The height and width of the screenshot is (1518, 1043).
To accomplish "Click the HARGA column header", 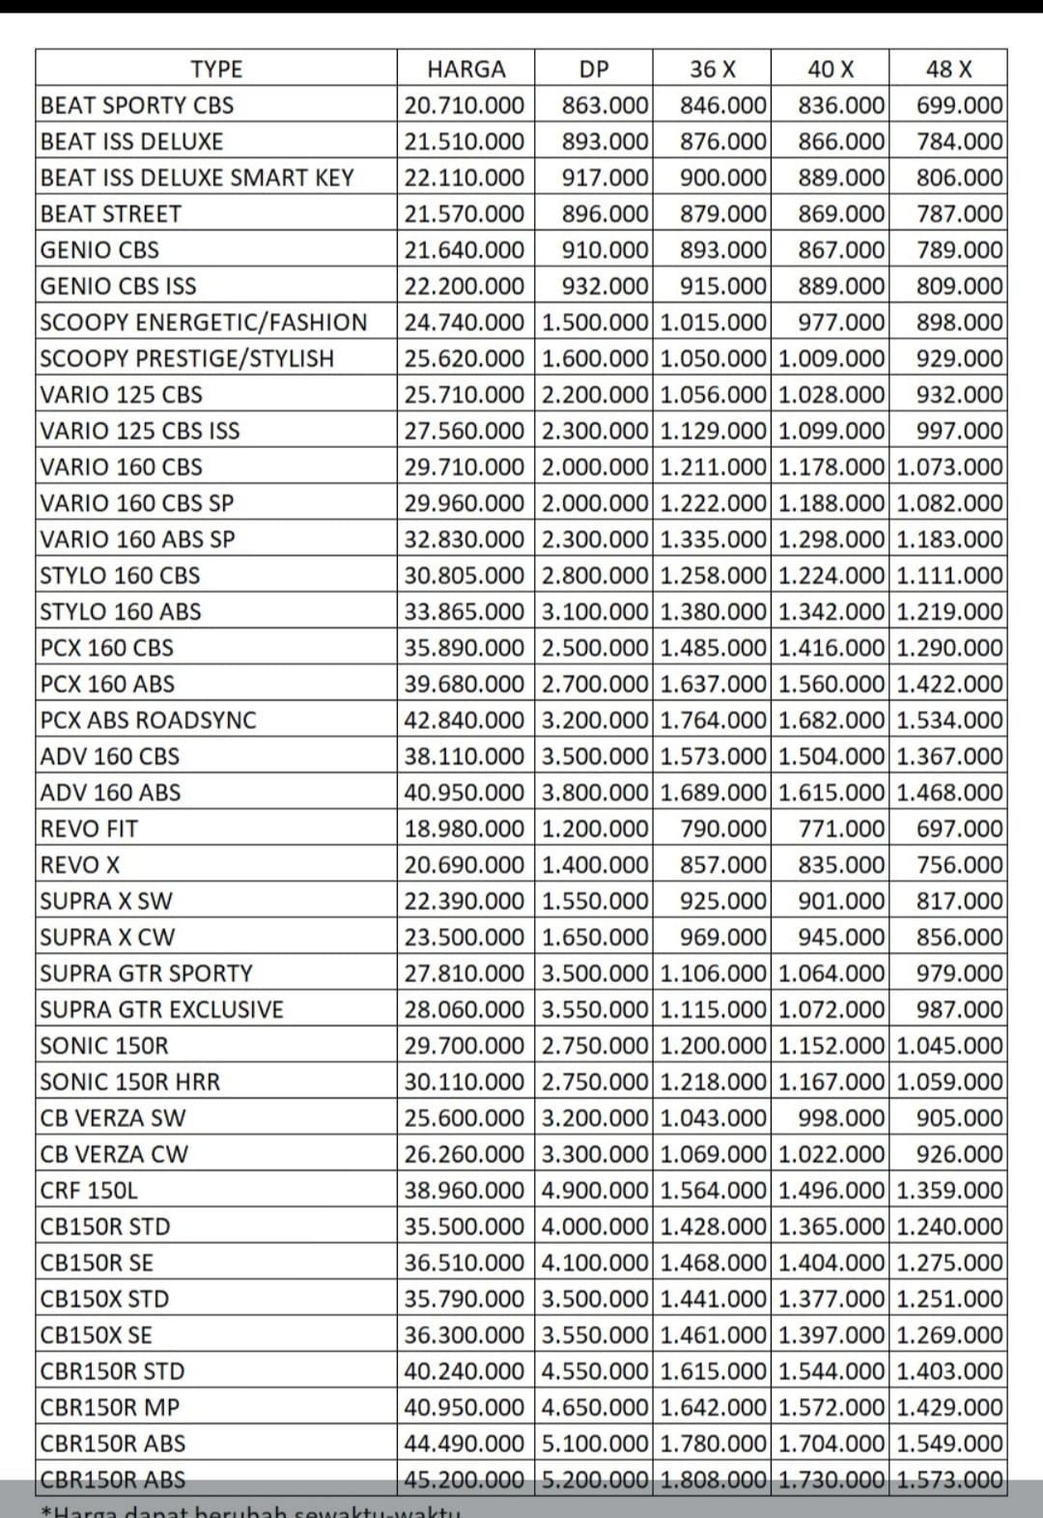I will (465, 70).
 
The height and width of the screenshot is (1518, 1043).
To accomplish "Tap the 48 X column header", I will (948, 70).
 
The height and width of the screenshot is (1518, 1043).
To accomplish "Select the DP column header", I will (594, 70).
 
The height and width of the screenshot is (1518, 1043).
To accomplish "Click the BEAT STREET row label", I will (111, 213).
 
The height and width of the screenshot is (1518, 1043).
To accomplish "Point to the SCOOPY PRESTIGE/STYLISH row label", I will (187, 358).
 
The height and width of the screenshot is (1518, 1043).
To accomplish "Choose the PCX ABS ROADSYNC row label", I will (149, 720).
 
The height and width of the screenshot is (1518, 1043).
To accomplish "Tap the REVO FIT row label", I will (89, 829).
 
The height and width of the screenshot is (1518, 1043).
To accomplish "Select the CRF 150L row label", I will (89, 1191).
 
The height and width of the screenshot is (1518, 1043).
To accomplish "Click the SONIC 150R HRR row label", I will (130, 1082).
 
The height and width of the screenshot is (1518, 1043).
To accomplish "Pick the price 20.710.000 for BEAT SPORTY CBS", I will (465, 105).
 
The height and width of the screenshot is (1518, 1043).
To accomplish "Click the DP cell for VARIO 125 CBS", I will (595, 395).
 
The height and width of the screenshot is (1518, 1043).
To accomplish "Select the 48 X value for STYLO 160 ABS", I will (949, 612).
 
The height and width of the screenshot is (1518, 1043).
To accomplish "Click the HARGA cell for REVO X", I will (465, 865).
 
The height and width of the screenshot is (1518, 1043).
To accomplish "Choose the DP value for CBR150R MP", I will (595, 1407).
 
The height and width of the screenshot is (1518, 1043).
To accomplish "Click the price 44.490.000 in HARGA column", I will (465, 1444).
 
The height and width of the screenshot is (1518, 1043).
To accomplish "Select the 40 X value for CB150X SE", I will (832, 1335).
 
